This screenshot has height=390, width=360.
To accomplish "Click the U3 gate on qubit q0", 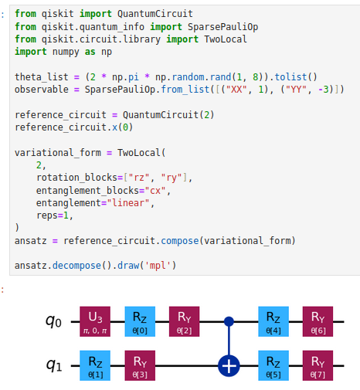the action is (95, 321).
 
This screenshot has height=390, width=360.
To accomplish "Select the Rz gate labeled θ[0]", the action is (140, 321).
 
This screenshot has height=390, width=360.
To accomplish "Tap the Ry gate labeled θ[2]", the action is (184, 321).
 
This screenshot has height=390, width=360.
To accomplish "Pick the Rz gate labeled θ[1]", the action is (95, 365).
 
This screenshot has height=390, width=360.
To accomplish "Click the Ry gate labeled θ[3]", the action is (140, 365).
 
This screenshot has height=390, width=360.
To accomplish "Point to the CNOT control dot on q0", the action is (229, 321).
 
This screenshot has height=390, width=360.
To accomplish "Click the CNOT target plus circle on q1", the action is (229, 365).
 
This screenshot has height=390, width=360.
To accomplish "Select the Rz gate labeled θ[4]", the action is (273, 321).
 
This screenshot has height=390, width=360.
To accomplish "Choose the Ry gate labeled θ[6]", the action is (318, 321).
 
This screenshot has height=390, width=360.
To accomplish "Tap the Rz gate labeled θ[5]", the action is (273, 365).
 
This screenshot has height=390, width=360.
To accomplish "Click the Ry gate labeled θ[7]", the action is (318, 365).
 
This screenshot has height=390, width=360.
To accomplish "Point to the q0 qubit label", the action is (53, 322).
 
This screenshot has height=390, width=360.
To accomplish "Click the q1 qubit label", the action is (54, 366).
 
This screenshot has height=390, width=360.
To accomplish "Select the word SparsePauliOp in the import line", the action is (222, 27).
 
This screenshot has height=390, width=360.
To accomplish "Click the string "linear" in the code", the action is (128, 203).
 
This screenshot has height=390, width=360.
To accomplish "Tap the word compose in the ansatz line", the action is (180, 241).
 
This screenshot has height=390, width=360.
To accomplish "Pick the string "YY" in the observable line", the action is (295, 90).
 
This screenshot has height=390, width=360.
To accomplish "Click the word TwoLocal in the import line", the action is (226, 39).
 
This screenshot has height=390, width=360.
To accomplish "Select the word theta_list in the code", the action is (42, 77).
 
